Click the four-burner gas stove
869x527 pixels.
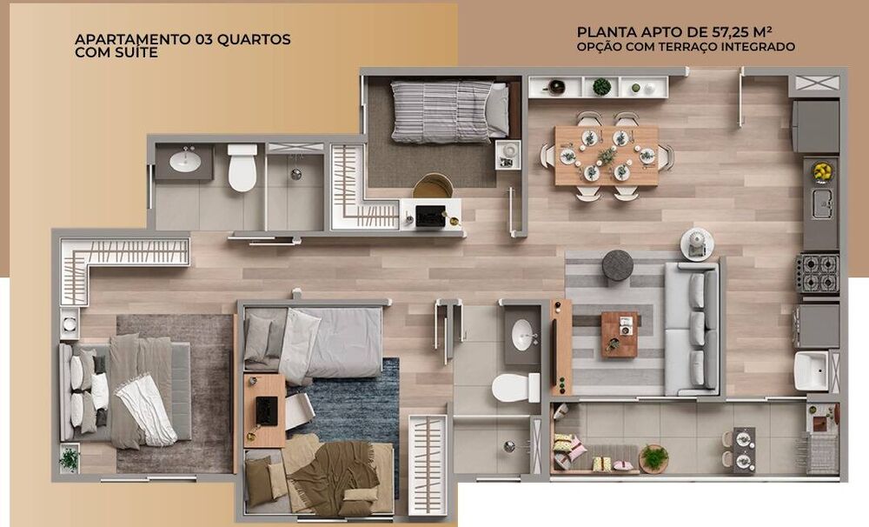click(818, 273)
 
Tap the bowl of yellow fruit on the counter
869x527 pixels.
click(821, 171)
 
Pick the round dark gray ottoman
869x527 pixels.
click(617, 265)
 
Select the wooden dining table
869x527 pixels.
click(607, 156)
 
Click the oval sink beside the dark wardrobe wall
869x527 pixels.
click(523, 335)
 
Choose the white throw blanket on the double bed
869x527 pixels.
click(145, 410)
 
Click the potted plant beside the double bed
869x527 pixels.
click(70, 459)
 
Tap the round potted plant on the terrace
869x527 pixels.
click(654, 458)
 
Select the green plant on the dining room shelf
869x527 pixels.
click(601, 87)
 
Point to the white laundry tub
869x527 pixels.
click(811, 370)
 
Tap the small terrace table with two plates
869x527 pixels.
click(744, 450)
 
